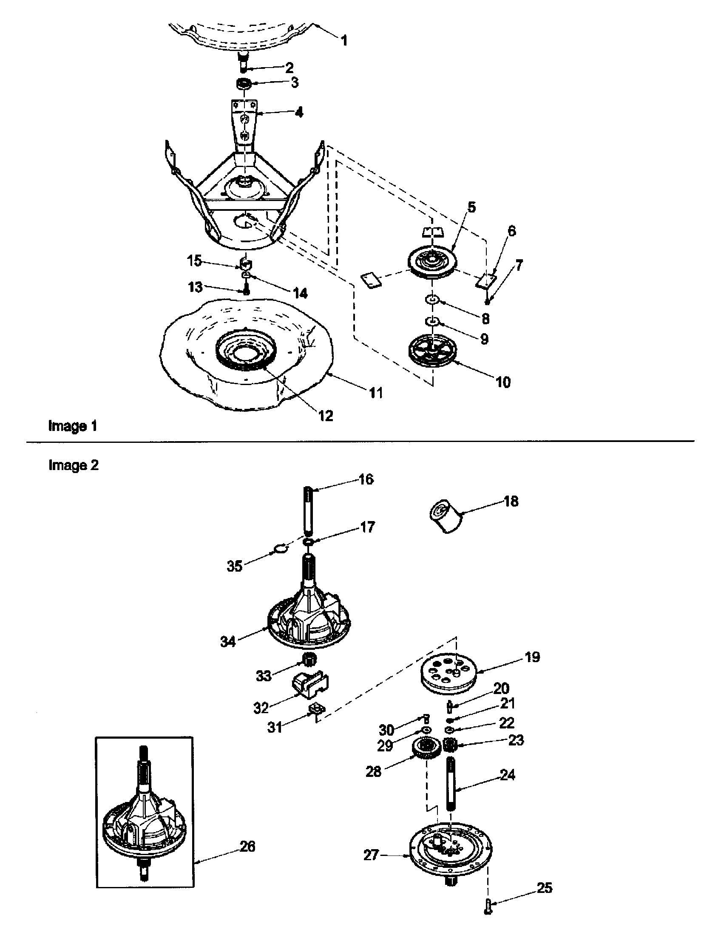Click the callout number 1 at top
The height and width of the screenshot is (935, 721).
[344, 41]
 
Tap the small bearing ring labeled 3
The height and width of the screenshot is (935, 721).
[244, 83]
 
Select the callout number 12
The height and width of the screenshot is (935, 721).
[325, 415]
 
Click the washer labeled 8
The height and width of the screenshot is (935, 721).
[433, 300]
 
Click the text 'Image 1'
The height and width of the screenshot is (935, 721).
[72, 426]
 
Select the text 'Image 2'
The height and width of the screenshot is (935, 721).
[73, 465]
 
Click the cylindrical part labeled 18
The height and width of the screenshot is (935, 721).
[446, 516]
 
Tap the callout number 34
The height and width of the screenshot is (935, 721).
[228, 642]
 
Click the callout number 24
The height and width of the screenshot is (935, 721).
[507, 774]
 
